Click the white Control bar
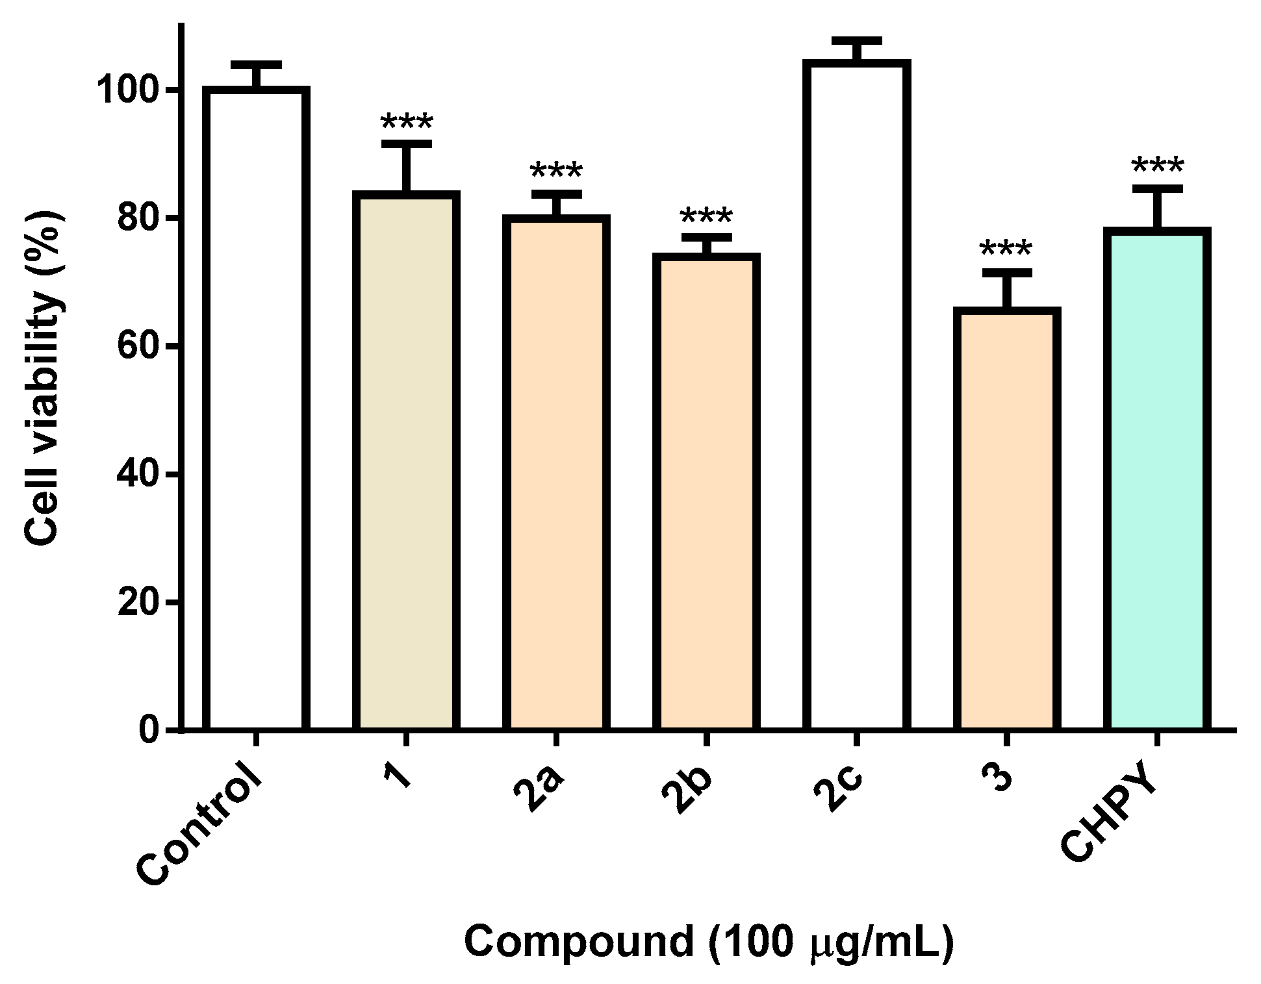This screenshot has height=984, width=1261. pyautogui.click(x=255, y=409)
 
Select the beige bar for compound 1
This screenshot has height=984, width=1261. pyautogui.click(x=406, y=461)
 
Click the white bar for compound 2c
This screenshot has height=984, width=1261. pyautogui.click(x=856, y=396)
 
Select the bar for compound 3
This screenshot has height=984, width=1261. pyautogui.click(x=1006, y=520)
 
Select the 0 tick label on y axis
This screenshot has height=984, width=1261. pyautogui.click(x=149, y=731)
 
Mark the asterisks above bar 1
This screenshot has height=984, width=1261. pyautogui.click(x=406, y=123)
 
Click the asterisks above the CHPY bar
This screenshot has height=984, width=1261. pyautogui.click(x=1157, y=168)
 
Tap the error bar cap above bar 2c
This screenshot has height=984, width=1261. pyautogui.click(x=856, y=40)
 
